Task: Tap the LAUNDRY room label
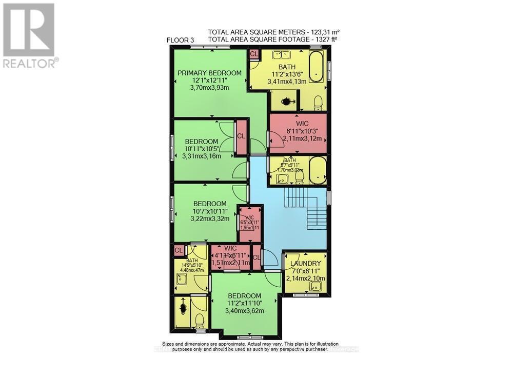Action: [x=306, y=263]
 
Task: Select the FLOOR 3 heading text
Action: [x=182, y=41]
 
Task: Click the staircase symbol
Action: [x=306, y=208]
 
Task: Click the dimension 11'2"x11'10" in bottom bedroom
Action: [x=245, y=303]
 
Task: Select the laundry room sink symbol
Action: [x=314, y=286]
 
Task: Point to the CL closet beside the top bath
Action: [x=253, y=53]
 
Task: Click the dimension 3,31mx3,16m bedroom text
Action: [x=201, y=156]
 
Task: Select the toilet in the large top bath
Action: [x=318, y=102]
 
